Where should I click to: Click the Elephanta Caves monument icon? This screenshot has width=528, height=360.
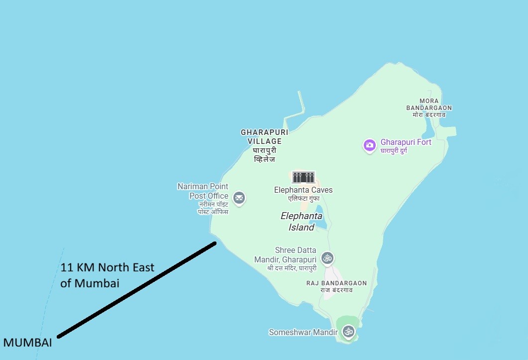pyautogui.click(x=303, y=177)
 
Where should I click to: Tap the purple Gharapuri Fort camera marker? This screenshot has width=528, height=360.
pyautogui.click(x=369, y=145)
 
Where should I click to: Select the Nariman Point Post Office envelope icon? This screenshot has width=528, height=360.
pyautogui.click(x=239, y=198)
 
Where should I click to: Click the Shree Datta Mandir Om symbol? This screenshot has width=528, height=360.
pyautogui.click(x=327, y=257)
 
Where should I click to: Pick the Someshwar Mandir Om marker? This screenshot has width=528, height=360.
pyautogui.click(x=348, y=331)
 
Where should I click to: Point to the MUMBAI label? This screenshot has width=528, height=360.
pyautogui.click(x=27, y=343)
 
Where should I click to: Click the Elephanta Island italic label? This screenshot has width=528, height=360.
pyautogui.click(x=301, y=222)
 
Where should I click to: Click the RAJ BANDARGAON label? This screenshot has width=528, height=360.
pyautogui.click(x=336, y=283)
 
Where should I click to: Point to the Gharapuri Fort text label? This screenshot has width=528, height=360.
pyautogui.click(x=406, y=142)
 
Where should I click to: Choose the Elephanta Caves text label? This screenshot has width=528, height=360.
pyautogui.click(x=303, y=190)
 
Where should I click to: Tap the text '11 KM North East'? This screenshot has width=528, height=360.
pyautogui.click(x=107, y=267)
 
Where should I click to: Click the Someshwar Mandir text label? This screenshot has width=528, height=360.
pyautogui.click(x=303, y=332)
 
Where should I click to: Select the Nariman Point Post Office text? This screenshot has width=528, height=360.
pyautogui.click(x=203, y=191)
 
